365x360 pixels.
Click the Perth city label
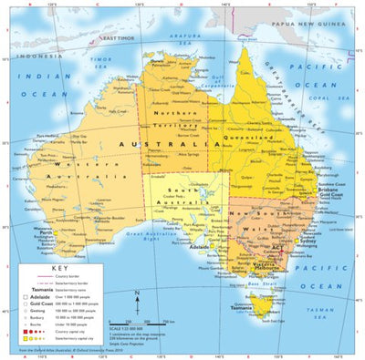click(x=45, y=231)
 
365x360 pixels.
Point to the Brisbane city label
click(x=330, y=188)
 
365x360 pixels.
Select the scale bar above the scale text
click(x=145, y=320)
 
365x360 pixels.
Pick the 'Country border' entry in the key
click(x=64, y=277)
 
